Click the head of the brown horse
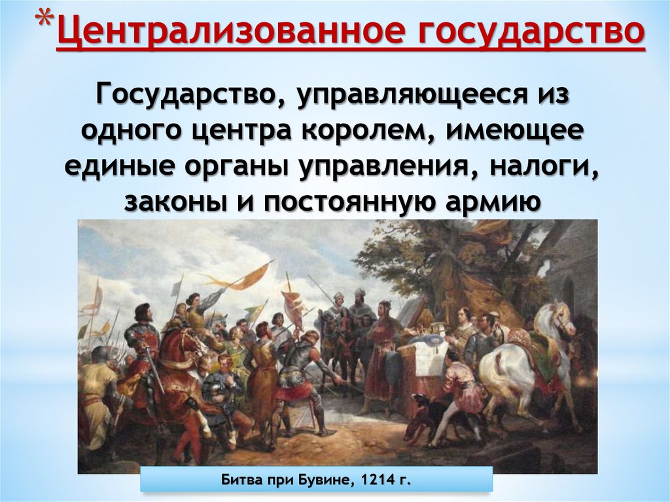pyautogui.click(x=190, y=340)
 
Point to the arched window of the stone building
pyautogui.click(x=568, y=291)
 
